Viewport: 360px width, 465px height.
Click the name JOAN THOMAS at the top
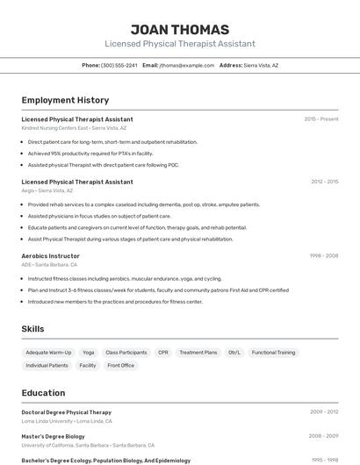(179, 29)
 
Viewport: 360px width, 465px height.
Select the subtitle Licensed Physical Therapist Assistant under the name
(179, 43)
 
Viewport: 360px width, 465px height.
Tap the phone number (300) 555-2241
(119, 65)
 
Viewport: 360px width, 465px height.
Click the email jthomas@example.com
(186, 65)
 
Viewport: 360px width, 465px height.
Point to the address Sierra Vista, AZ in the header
(261, 65)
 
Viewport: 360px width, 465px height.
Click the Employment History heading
(65, 100)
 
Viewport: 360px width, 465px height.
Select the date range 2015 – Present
(320, 118)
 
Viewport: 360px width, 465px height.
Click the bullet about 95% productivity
(90, 153)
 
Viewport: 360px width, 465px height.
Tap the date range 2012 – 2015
(324, 182)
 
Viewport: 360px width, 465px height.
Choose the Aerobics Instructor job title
(50, 255)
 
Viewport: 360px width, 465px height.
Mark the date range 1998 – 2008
(323, 255)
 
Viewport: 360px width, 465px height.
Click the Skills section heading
(32, 329)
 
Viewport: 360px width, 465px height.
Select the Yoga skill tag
(88, 352)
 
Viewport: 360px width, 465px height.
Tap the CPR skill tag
(163, 352)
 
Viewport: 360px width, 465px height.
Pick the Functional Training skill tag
(273, 352)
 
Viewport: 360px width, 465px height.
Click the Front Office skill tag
(120, 365)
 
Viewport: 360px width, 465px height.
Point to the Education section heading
(43, 393)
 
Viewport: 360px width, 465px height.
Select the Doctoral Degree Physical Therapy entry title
(66, 411)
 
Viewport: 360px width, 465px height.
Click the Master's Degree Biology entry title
(53, 436)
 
